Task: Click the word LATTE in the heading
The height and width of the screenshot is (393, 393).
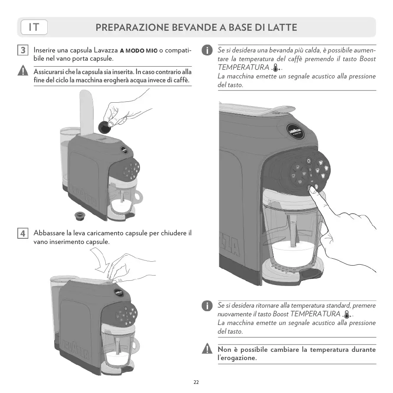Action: (x=282, y=28)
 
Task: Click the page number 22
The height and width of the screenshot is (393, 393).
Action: (x=196, y=382)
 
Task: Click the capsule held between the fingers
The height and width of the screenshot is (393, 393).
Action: (x=104, y=126)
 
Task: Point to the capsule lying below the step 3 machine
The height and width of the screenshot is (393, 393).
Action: (x=79, y=215)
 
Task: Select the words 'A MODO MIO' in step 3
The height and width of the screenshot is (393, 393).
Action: (x=139, y=51)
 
